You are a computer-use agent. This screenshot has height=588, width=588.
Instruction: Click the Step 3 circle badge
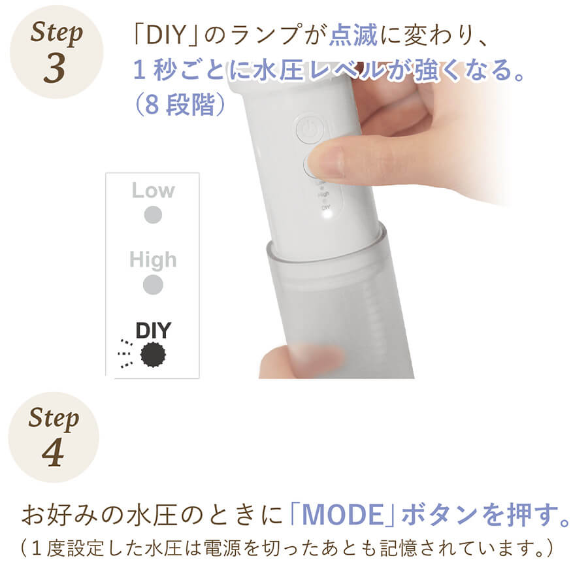tap(56, 52)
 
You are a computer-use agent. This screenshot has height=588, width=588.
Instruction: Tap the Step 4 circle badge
tap(54, 437)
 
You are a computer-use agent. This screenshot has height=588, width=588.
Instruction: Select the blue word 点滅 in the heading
tap(353, 35)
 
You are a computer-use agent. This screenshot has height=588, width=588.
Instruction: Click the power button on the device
tap(310, 130)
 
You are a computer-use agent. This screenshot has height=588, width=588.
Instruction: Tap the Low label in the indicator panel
tap(153, 191)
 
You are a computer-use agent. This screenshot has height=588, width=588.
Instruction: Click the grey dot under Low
tap(153, 215)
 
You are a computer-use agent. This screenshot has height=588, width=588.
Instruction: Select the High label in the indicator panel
tap(153, 259)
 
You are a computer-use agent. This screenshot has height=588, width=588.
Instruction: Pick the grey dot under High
tap(153, 285)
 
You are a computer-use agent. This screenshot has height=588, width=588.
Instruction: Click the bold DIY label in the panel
tap(153, 331)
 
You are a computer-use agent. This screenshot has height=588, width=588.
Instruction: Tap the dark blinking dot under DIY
tap(153, 354)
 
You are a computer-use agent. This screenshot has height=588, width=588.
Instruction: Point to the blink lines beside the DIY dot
tap(125, 353)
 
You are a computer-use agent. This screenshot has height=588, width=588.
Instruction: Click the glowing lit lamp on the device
tap(326, 217)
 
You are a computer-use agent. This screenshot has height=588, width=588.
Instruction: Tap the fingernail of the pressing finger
tap(326, 162)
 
